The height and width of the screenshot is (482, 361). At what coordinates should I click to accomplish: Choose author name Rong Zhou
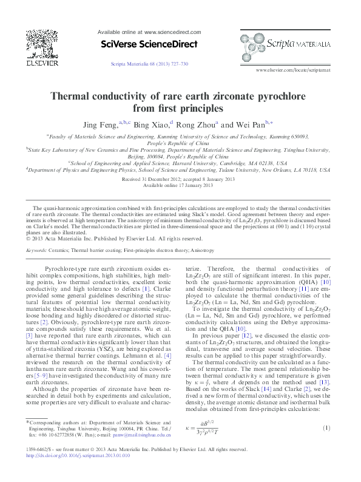(x=197, y=124)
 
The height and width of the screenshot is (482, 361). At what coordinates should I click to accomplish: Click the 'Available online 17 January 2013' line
(x=181, y=186)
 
